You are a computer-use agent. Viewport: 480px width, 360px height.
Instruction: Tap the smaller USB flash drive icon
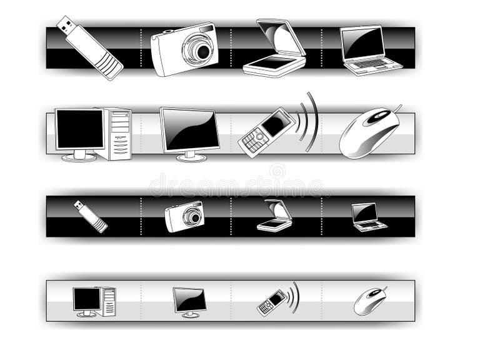click(91, 216)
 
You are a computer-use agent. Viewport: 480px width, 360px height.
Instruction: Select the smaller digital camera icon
click(185, 216)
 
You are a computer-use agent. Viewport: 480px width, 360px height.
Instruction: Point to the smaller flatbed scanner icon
click(274, 216)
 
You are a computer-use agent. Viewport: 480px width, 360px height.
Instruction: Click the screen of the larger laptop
click(363, 43)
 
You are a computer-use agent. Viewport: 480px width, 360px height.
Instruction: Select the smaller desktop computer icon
click(94, 301)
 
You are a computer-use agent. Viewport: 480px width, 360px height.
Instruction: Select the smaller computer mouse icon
click(369, 301)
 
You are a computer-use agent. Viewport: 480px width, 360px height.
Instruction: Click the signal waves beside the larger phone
click(309, 122)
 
